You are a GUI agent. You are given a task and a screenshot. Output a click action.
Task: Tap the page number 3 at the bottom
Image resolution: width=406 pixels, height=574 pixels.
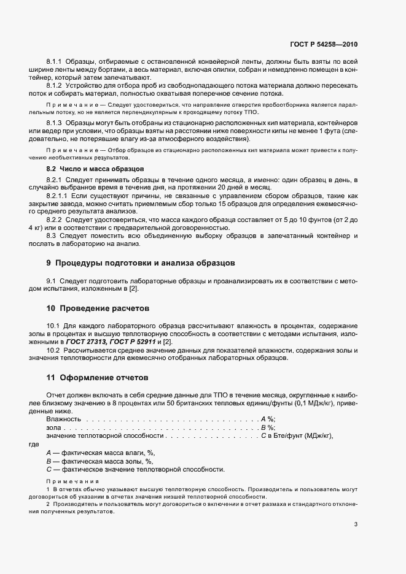click(x=356, y=524)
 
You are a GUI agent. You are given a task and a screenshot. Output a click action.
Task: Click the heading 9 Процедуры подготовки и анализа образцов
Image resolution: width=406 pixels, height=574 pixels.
click(x=140, y=280)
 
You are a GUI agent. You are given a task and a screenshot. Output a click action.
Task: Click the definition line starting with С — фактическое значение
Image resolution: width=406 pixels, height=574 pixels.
click(x=135, y=469)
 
